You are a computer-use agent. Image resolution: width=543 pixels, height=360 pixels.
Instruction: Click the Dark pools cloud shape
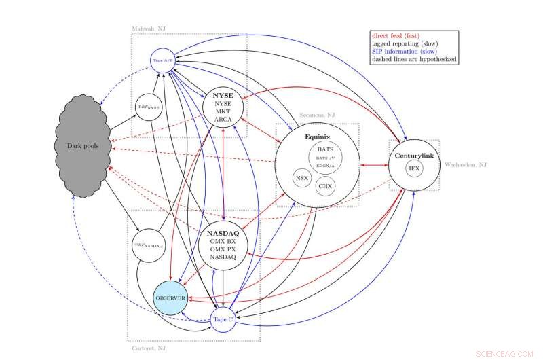[x=81, y=146]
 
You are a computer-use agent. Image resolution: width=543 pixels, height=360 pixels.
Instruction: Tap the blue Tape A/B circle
[x=161, y=60]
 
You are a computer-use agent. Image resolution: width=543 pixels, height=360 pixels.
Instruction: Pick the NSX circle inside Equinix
[x=302, y=178]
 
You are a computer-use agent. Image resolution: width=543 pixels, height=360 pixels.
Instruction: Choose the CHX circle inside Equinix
[x=326, y=185]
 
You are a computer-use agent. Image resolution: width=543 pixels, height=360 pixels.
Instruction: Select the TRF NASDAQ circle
[x=150, y=245]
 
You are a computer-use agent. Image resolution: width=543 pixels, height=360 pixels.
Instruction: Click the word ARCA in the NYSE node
[x=223, y=120]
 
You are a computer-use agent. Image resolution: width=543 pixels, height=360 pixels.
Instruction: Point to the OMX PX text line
[x=223, y=249]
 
